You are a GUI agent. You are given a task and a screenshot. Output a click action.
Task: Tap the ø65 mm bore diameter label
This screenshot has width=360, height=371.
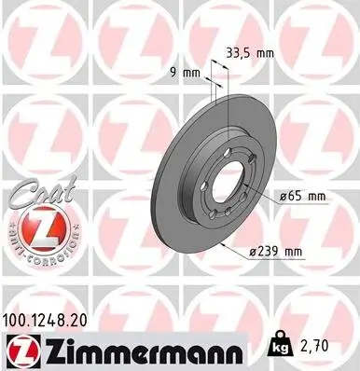(x=304, y=197)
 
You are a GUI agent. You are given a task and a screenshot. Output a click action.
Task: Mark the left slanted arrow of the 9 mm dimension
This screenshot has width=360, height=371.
(x=211, y=84)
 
